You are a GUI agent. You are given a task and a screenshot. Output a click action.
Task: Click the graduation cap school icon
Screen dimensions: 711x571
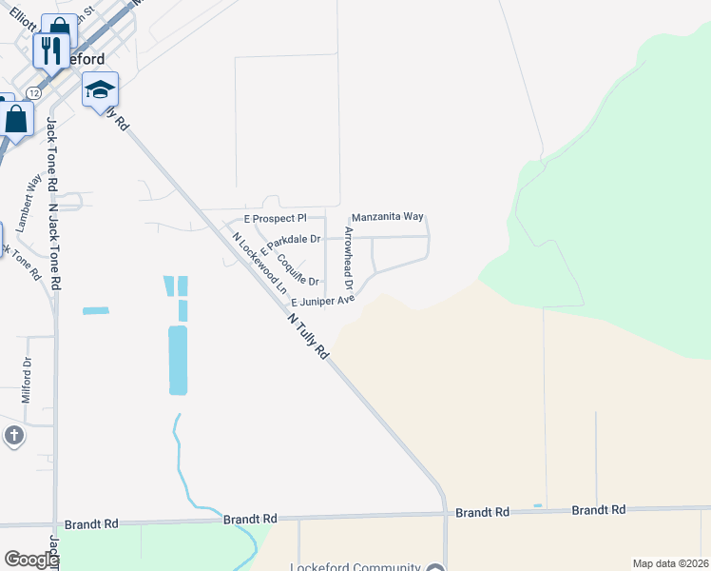point(100,90)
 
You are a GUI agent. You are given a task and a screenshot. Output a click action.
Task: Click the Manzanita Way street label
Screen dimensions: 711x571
point(388,217)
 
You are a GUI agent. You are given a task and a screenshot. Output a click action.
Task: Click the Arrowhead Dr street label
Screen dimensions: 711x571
point(350,259)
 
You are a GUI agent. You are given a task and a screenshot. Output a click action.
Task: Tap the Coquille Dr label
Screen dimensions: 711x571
point(297,269)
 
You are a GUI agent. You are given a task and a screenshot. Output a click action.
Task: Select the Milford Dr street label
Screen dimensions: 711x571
point(27,379)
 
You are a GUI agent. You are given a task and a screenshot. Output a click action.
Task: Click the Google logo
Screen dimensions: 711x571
point(30,560)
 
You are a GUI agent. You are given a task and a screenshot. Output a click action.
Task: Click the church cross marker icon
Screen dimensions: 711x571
point(13,437)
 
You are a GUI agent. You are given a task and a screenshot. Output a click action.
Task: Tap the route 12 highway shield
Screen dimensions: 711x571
point(33,93)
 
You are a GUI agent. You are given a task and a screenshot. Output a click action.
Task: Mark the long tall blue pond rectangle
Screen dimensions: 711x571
point(178,360)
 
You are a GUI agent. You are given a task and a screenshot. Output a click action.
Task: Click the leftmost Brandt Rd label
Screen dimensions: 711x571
point(91,524)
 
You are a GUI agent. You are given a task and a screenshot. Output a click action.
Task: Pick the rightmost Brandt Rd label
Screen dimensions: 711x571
point(598,510)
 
